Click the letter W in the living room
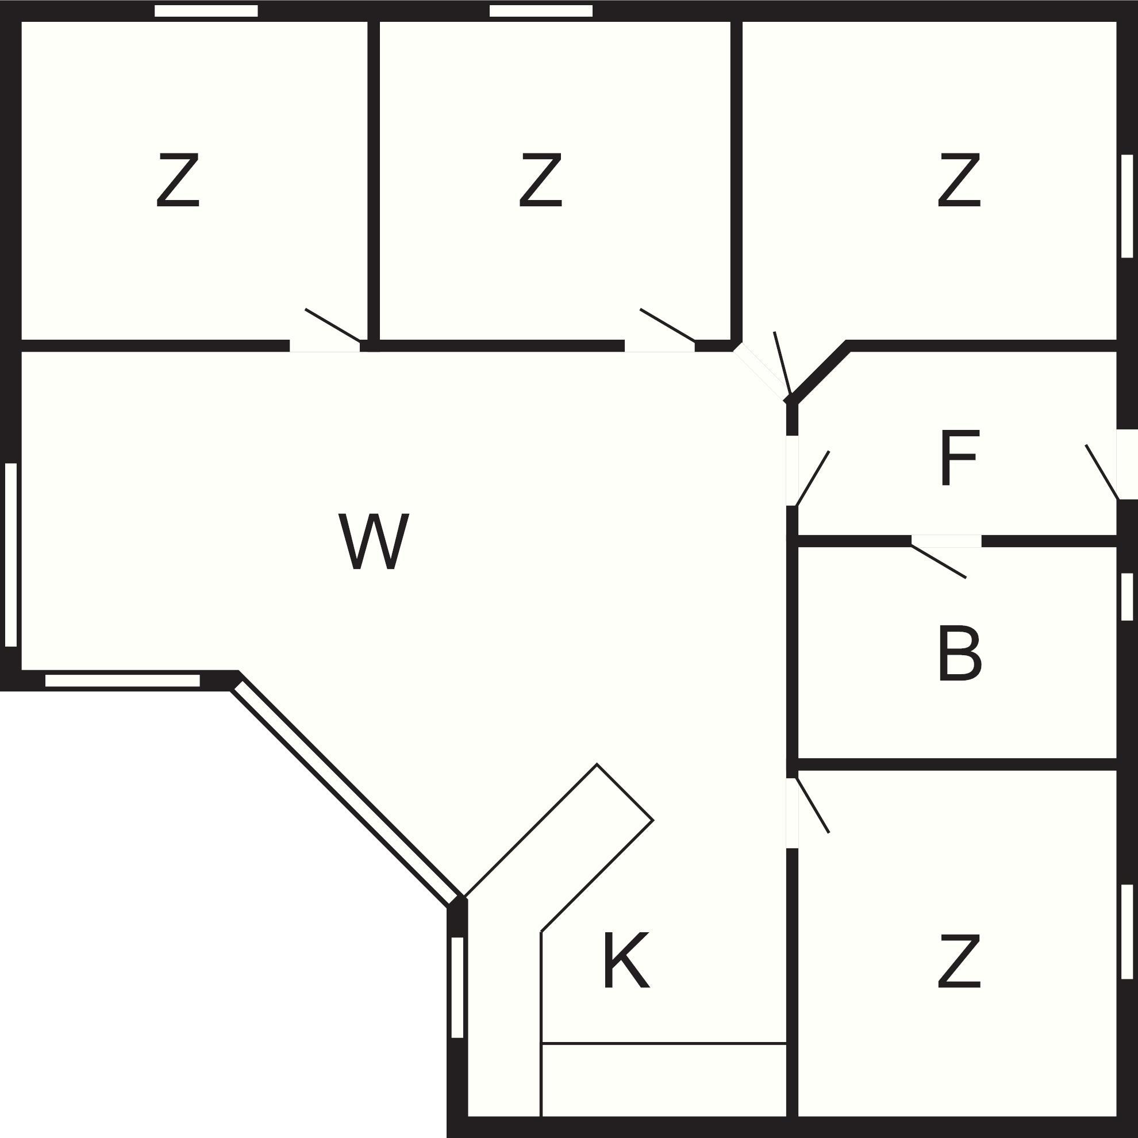[x=374, y=541]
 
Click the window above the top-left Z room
[x=206, y=10]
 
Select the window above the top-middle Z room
[x=541, y=10]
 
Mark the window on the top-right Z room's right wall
[x=1128, y=206]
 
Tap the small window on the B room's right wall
[x=1128, y=596]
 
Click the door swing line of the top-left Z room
[x=333, y=325]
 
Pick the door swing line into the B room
[x=939, y=562]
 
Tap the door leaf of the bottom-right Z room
[x=812, y=805]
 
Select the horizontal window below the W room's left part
[x=122, y=681]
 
